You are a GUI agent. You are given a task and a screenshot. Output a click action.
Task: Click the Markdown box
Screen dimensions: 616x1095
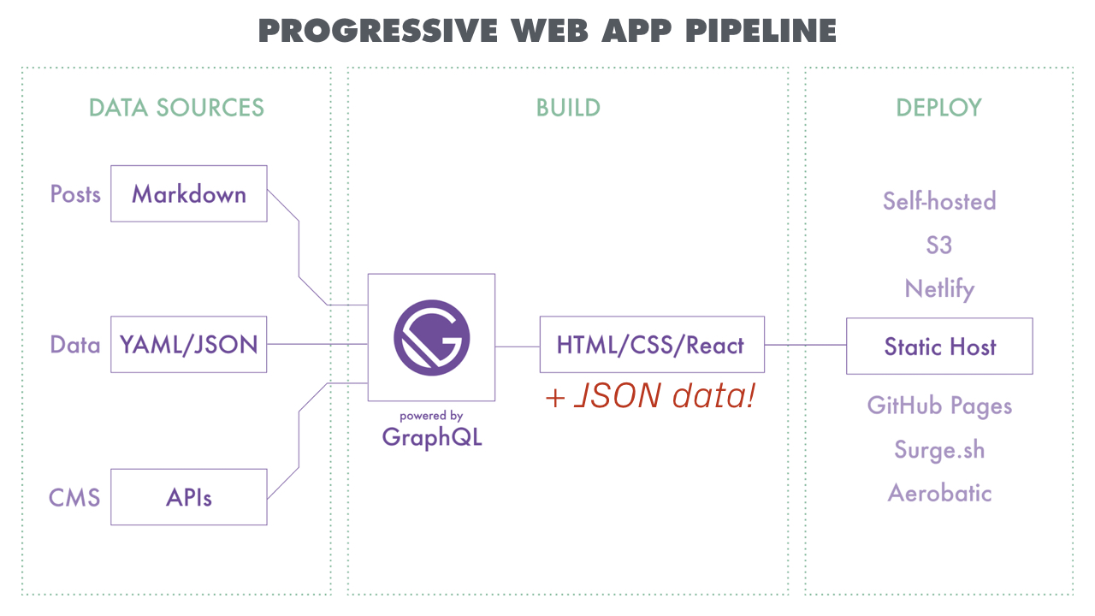click(189, 194)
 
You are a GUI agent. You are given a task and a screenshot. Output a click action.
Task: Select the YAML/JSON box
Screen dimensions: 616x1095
click(189, 345)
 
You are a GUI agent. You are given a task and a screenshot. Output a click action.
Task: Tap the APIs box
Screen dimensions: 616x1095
click(189, 497)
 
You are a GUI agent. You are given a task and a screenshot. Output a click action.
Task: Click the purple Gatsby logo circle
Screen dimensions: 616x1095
click(431, 337)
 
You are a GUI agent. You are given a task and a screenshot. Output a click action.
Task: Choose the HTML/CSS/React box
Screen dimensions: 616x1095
click(651, 345)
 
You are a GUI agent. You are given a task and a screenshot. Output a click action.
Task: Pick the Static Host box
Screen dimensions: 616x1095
click(939, 346)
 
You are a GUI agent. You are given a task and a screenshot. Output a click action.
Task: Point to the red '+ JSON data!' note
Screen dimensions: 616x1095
click(650, 395)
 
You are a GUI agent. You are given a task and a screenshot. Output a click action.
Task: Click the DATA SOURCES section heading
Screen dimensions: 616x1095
click(176, 108)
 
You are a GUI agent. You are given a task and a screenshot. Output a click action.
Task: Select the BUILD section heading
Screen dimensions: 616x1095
click(568, 108)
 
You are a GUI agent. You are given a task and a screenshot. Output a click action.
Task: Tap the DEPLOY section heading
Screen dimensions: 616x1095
click(938, 108)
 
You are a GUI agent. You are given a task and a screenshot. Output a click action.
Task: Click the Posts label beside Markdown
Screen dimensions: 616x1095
click(75, 194)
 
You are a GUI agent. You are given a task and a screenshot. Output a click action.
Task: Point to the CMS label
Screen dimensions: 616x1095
click(74, 497)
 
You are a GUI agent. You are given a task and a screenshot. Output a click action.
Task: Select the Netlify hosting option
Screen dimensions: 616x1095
click(939, 289)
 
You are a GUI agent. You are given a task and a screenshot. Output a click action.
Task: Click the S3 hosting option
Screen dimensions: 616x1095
click(938, 246)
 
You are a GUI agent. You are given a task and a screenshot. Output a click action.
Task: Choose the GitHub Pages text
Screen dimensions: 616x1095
click(939, 406)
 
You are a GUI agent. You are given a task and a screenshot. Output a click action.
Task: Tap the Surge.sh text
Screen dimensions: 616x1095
click(939, 450)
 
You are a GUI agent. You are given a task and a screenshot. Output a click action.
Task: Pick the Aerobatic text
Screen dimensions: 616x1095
click(939, 493)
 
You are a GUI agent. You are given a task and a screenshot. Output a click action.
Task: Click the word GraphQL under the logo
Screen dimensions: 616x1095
click(432, 437)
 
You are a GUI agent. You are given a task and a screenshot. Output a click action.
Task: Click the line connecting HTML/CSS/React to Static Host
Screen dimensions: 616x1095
click(805, 345)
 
